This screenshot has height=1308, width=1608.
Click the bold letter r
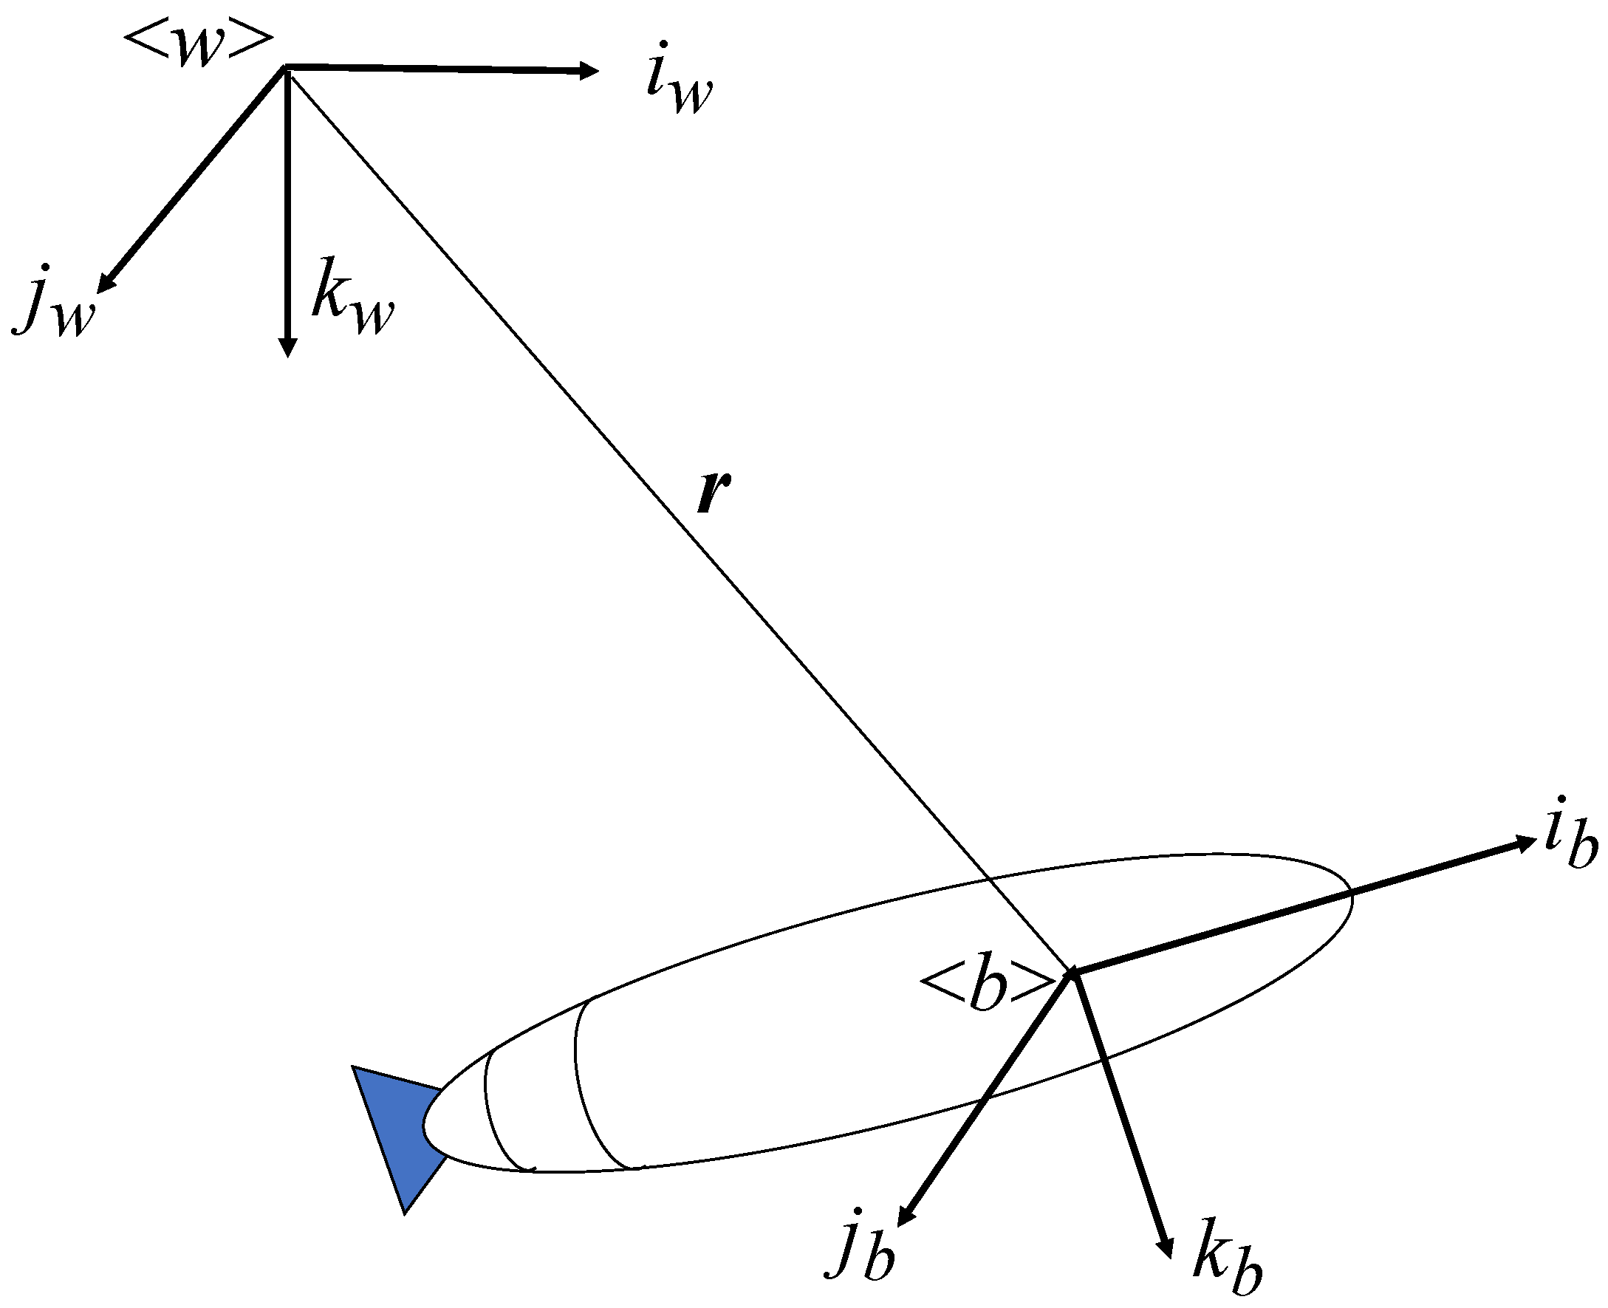click(713, 494)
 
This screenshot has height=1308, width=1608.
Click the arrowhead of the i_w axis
click(589, 72)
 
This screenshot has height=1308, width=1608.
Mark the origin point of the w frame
click(285, 69)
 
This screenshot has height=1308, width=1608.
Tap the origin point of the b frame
click(1071, 975)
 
